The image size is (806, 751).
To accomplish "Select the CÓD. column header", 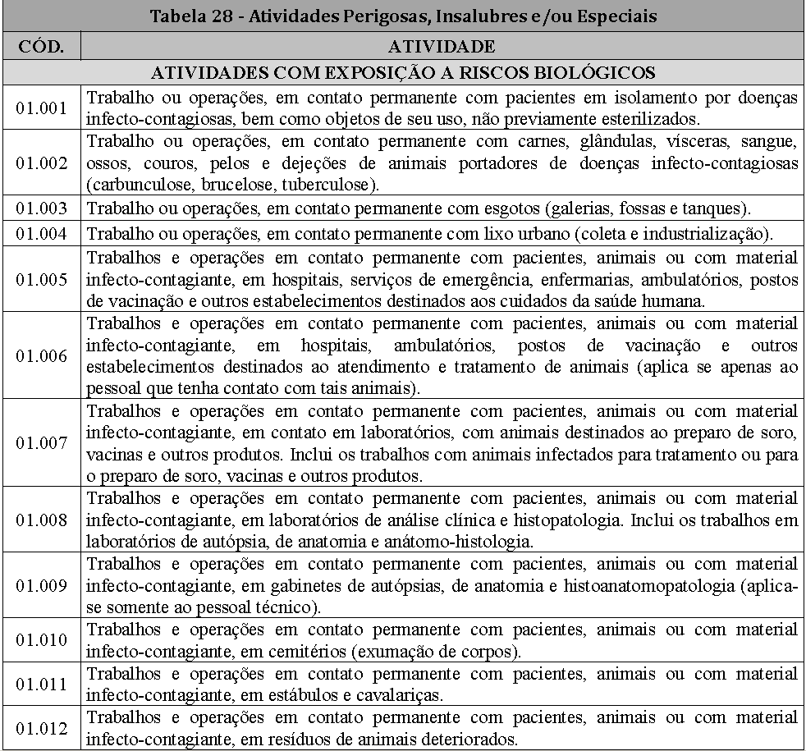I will tap(41, 45).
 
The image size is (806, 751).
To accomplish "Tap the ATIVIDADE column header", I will tap(442, 45).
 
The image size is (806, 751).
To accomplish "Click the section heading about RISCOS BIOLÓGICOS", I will tap(402, 71).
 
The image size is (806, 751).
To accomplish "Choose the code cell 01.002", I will tap(41, 163).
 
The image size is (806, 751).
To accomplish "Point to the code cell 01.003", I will tap(41, 208).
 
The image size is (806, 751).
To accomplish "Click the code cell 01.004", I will tap(41, 234).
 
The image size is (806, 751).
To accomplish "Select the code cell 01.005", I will tap(41, 279).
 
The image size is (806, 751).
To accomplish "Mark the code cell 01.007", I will tap(41, 443).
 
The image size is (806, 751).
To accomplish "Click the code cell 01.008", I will tap(41, 519).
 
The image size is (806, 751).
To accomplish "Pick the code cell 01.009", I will tap(41, 585).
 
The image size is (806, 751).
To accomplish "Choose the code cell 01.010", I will tap(41, 640).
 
